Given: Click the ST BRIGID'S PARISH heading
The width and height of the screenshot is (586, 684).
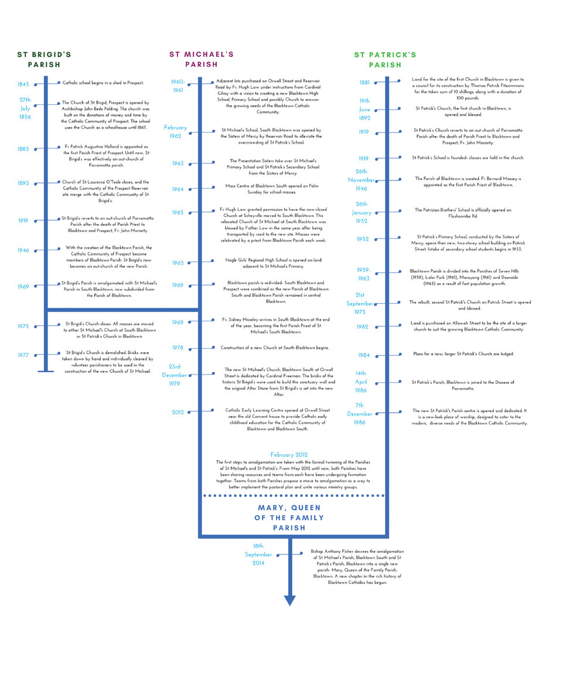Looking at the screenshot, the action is click(x=44, y=59).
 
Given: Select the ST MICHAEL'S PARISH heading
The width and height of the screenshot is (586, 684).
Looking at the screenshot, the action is click(x=202, y=59).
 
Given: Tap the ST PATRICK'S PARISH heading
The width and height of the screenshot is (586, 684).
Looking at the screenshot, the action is click(x=385, y=60).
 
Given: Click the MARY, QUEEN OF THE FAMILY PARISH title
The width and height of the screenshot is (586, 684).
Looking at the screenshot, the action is click(x=289, y=518).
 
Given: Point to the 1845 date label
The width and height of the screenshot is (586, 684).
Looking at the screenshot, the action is click(x=23, y=84).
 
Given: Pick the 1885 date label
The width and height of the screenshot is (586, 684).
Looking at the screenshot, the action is click(x=23, y=149).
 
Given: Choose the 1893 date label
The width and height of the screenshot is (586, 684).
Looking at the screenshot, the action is click(x=23, y=183).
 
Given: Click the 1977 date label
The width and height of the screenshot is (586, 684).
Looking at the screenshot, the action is click(x=23, y=355).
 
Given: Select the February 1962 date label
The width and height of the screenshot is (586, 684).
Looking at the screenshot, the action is click(x=175, y=132).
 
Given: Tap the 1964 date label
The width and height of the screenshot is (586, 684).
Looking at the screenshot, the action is click(x=178, y=189).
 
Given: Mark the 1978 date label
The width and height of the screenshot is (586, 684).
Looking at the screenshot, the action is click(x=178, y=348).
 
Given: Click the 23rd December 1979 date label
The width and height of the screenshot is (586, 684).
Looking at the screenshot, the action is click(x=175, y=375).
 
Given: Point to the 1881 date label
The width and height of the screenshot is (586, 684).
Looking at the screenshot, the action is click(x=364, y=83).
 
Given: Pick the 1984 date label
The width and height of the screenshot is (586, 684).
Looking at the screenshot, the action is click(x=364, y=355).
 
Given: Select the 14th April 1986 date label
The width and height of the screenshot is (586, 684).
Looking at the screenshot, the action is click(x=361, y=382).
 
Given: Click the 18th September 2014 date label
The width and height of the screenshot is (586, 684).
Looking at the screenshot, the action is click(x=258, y=554).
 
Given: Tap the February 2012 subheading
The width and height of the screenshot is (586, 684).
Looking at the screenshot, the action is click(x=289, y=455).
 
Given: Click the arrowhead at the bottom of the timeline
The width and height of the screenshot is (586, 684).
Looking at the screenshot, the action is click(x=289, y=600).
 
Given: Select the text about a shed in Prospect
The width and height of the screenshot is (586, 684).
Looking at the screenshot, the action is click(x=103, y=83).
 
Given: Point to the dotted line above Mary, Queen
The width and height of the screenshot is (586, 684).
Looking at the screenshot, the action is click(x=294, y=495).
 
